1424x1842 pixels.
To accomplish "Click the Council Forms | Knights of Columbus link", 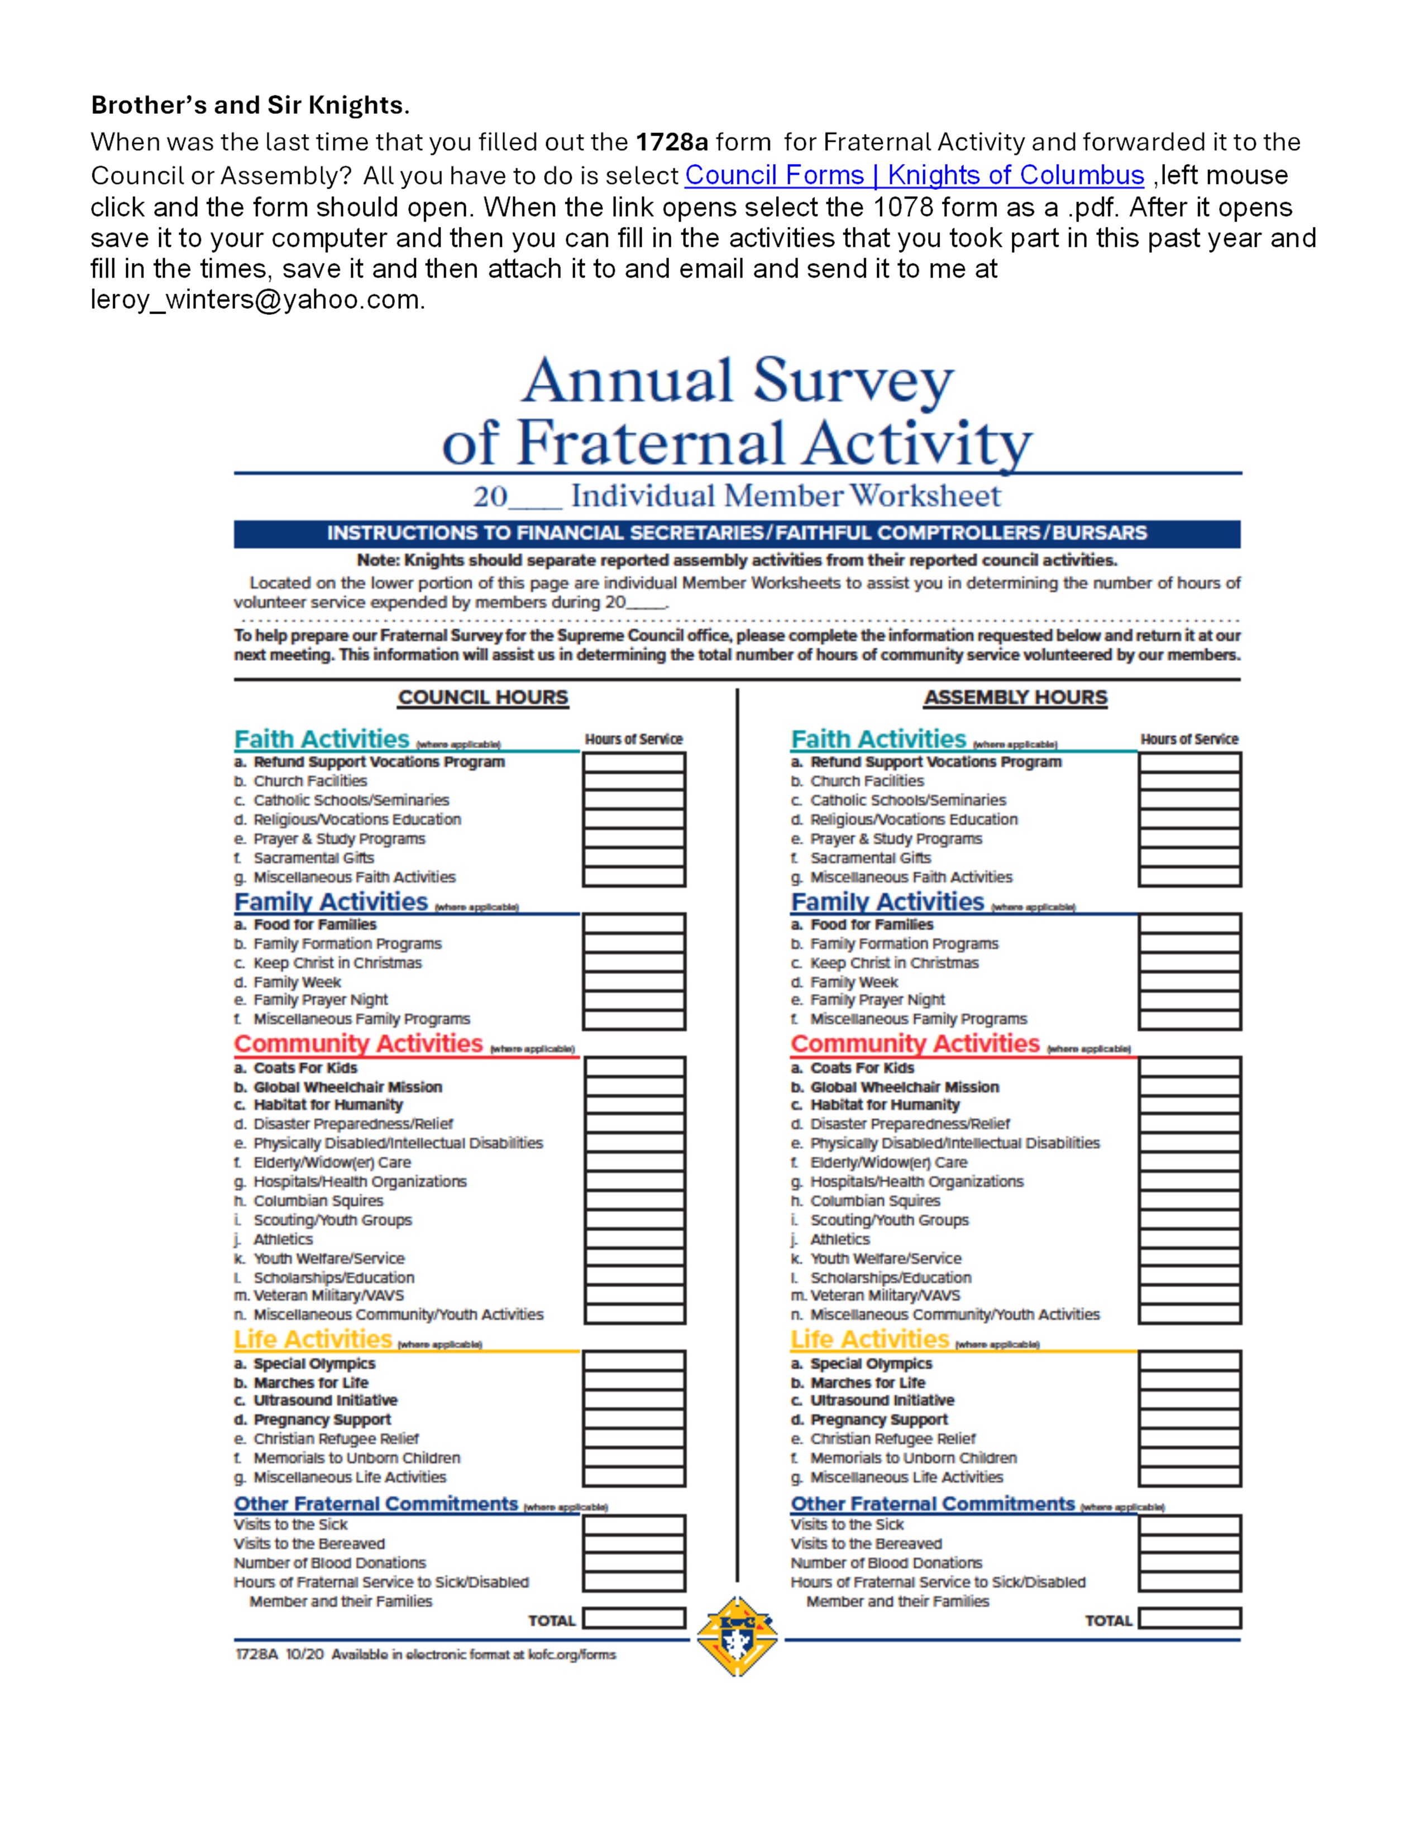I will coord(914,175).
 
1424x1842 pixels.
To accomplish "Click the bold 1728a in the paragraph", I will coord(671,142).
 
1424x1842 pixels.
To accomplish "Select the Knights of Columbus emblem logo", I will coord(737,1635).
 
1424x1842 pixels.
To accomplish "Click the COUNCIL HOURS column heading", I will coord(484,698).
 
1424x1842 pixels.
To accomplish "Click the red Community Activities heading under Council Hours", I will coord(359,1044).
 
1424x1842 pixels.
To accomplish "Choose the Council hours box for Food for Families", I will coord(634,924).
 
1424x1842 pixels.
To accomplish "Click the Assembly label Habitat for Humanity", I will coord(885,1105).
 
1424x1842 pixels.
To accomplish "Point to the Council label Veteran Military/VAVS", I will coord(328,1296).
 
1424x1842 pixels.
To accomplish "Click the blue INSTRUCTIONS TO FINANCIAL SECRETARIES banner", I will coord(737,533).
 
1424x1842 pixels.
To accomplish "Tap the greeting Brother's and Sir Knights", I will coord(250,105).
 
